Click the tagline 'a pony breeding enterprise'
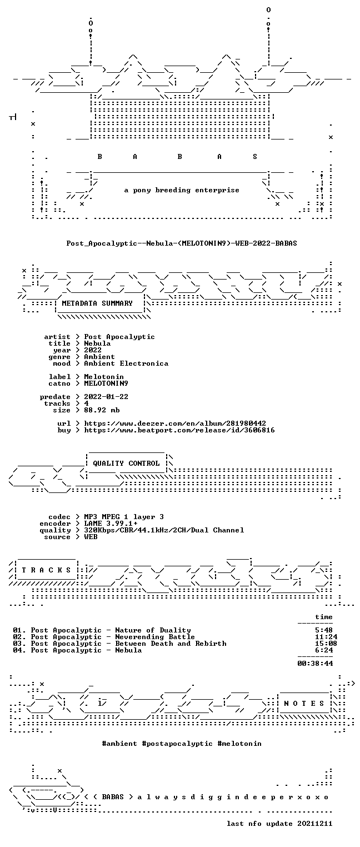click(182, 190)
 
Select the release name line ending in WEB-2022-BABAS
click(182, 243)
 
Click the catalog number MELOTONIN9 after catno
click(106, 383)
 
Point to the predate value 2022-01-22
click(106, 397)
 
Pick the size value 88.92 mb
click(102, 410)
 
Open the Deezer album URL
click(174, 423)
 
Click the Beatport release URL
click(179, 430)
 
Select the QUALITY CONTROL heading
click(126, 463)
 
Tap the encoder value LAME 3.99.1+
click(111, 524)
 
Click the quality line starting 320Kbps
click(164, 530)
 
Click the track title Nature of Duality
click(153, 630)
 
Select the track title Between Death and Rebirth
click(171, 644)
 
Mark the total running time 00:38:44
click(315, 663)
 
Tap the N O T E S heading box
click(304, 703)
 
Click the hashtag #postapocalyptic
click(177, 744)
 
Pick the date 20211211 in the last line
click(314, 824)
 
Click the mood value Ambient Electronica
click(126, 363)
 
